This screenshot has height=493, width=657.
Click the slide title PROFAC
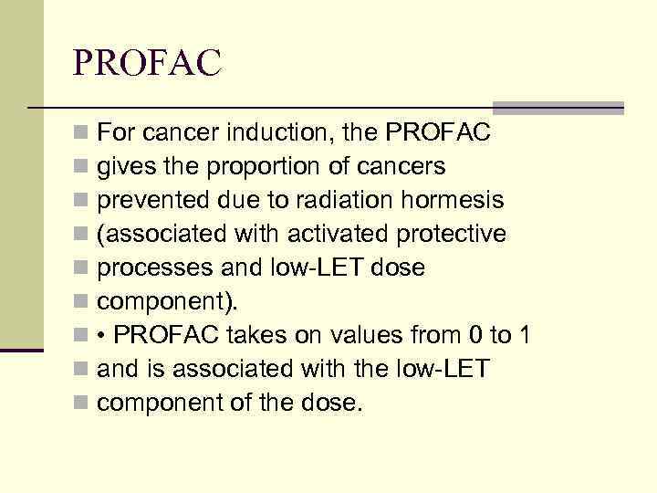point(147,63)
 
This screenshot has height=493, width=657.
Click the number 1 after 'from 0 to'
point(523,335)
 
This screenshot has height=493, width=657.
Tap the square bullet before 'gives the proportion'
point(83,168)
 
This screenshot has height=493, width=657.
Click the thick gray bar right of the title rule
point(558,108)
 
